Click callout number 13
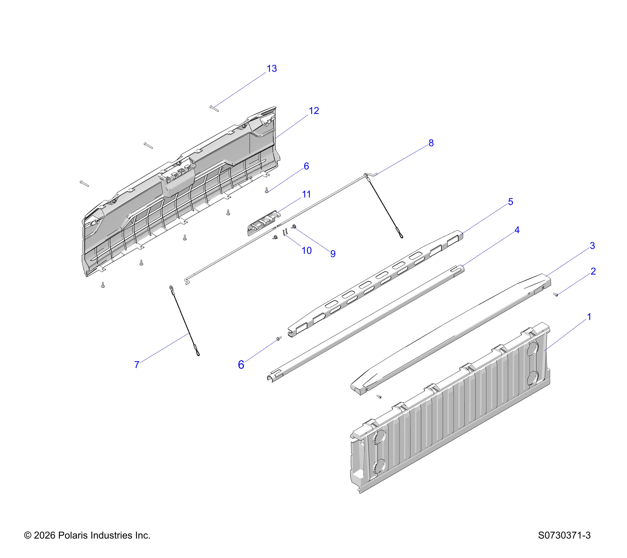coord(272,69)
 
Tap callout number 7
coord(137,364)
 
